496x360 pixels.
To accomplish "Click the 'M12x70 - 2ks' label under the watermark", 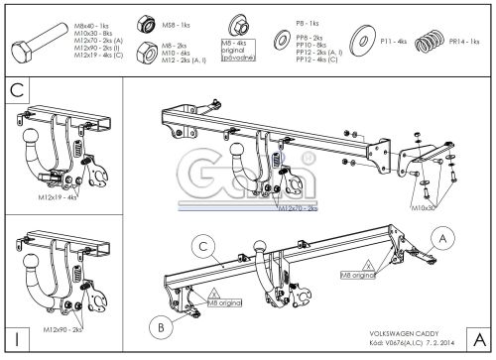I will tap(298, 209).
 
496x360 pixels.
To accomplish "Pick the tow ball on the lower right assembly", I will tap(263, 244).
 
